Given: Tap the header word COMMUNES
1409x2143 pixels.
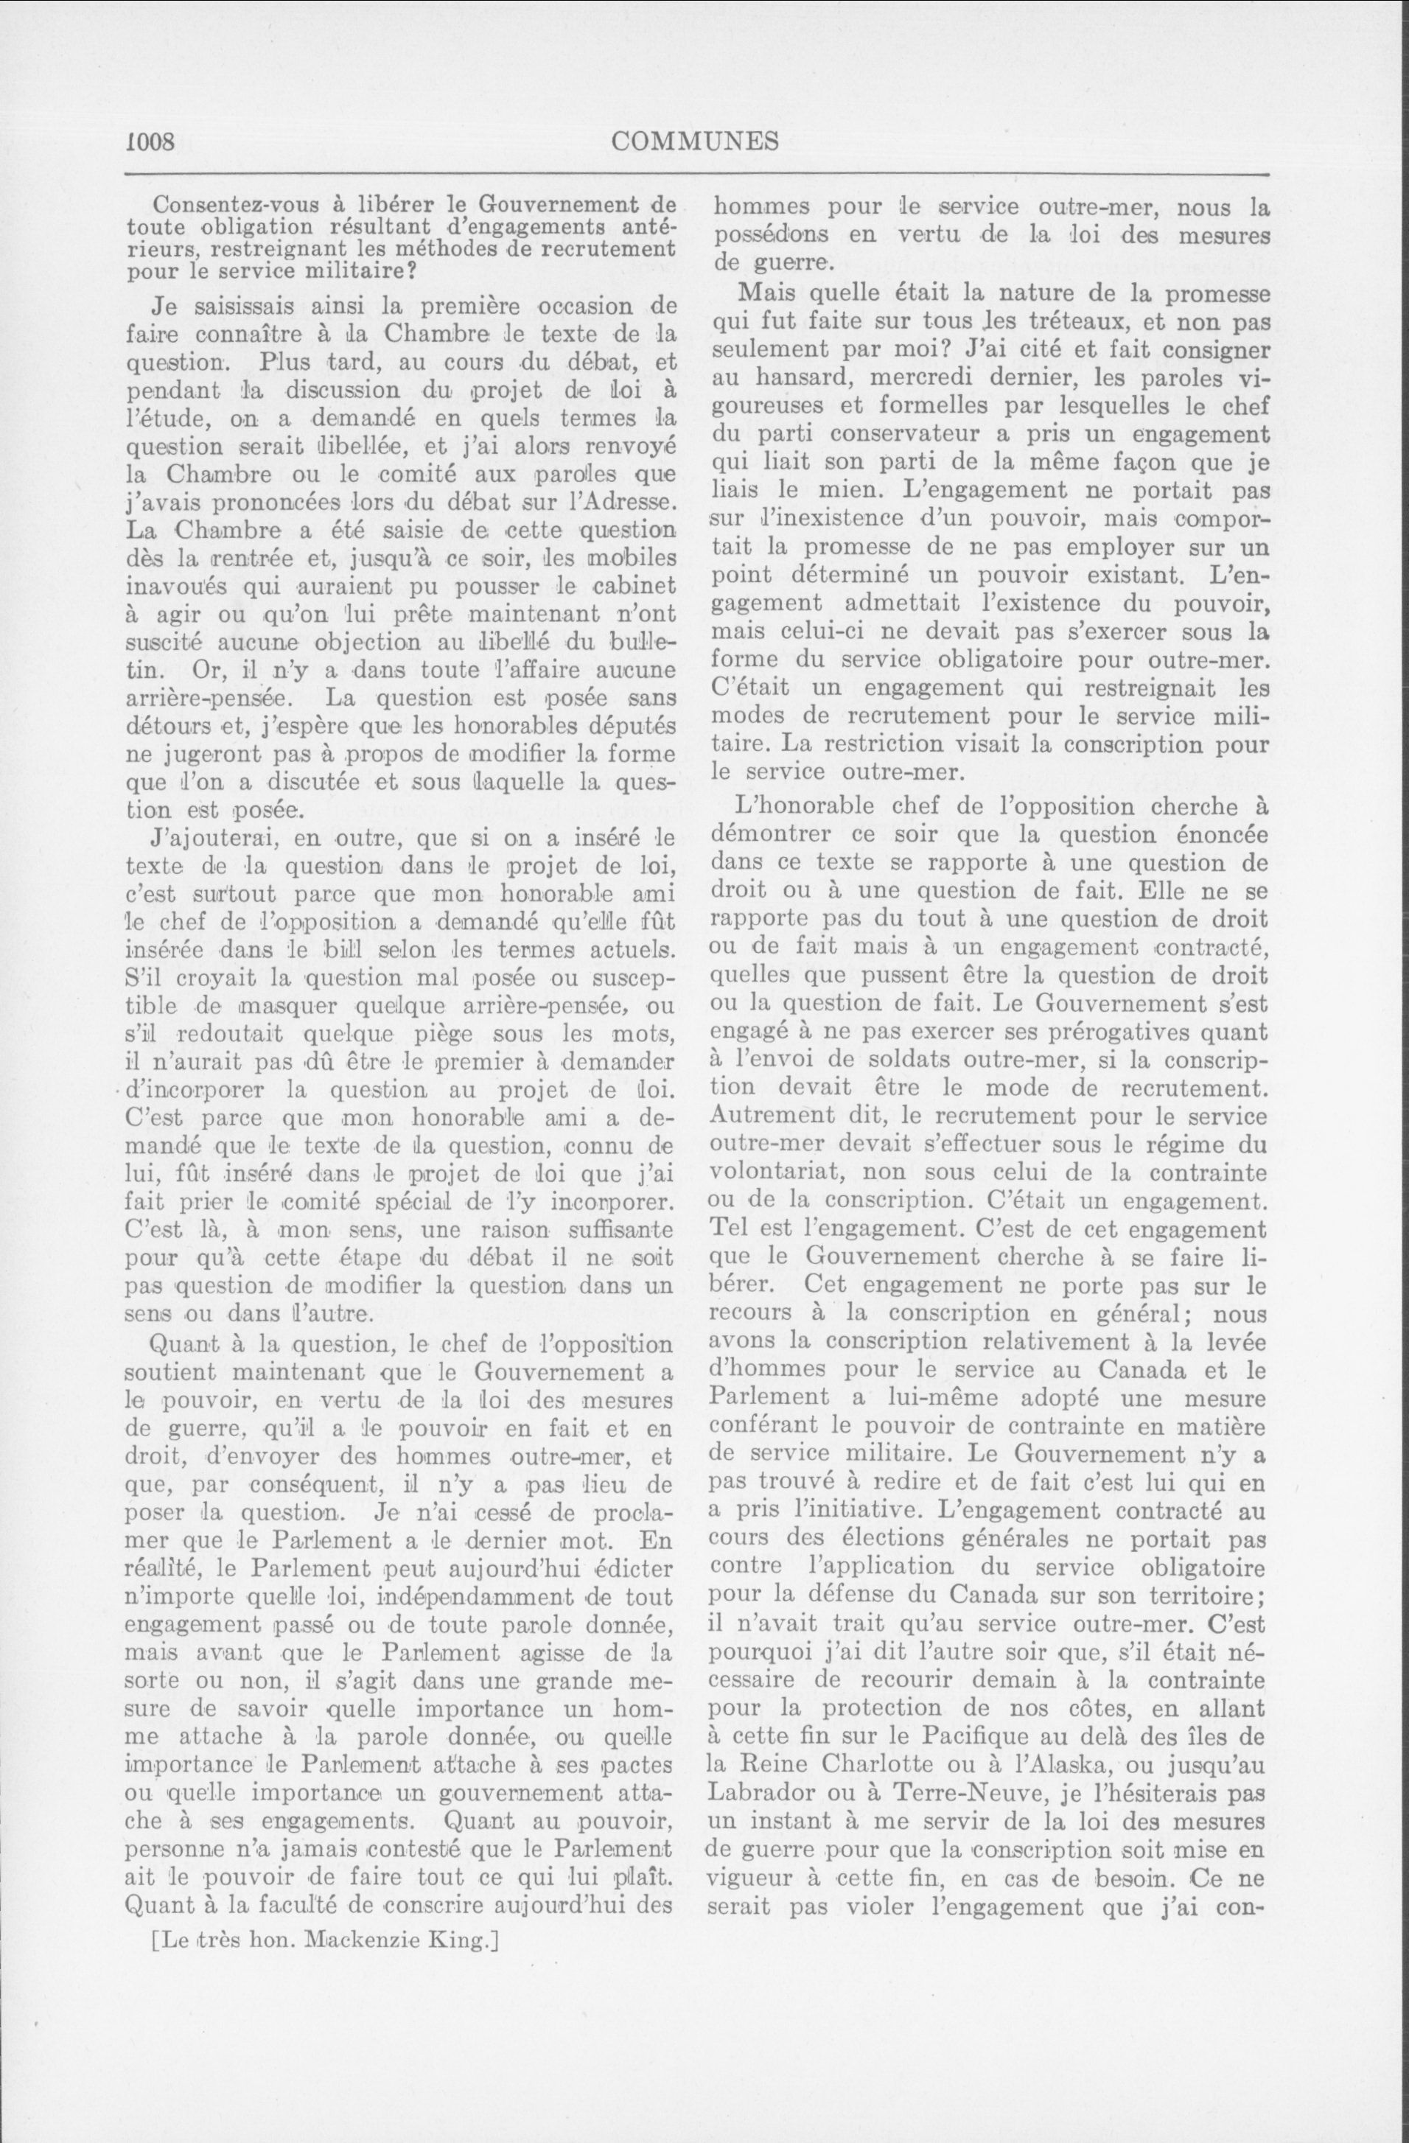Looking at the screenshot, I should (x=694, y=141).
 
